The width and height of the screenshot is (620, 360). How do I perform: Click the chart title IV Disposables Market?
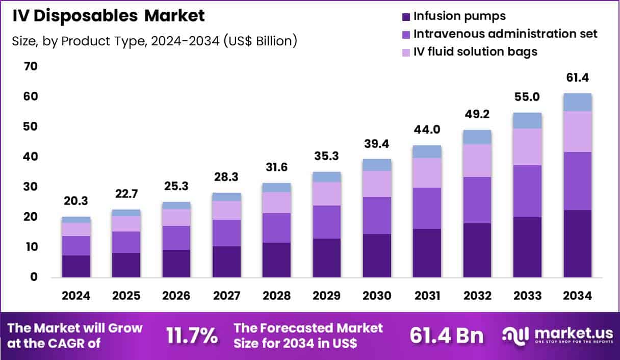108,16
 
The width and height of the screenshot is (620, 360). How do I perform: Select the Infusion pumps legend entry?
459,16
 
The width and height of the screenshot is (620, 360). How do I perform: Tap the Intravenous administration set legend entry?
505,34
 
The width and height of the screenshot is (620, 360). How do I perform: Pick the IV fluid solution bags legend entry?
475,52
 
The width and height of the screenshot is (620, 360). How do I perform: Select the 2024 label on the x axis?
76,296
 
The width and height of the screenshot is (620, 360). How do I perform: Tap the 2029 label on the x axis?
327,296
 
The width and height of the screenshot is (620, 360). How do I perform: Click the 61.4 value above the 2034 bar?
577,78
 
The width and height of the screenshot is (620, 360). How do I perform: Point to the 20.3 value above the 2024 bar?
76,201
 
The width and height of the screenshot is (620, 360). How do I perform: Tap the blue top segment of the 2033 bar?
527,120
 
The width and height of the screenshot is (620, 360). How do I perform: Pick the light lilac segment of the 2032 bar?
477,160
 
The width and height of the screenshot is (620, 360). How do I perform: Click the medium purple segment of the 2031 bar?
427,208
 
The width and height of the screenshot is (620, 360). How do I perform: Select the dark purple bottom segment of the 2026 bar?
176,263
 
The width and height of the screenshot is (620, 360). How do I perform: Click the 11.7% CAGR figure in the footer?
192,336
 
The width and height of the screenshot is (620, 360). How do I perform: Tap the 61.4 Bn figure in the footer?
447,336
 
